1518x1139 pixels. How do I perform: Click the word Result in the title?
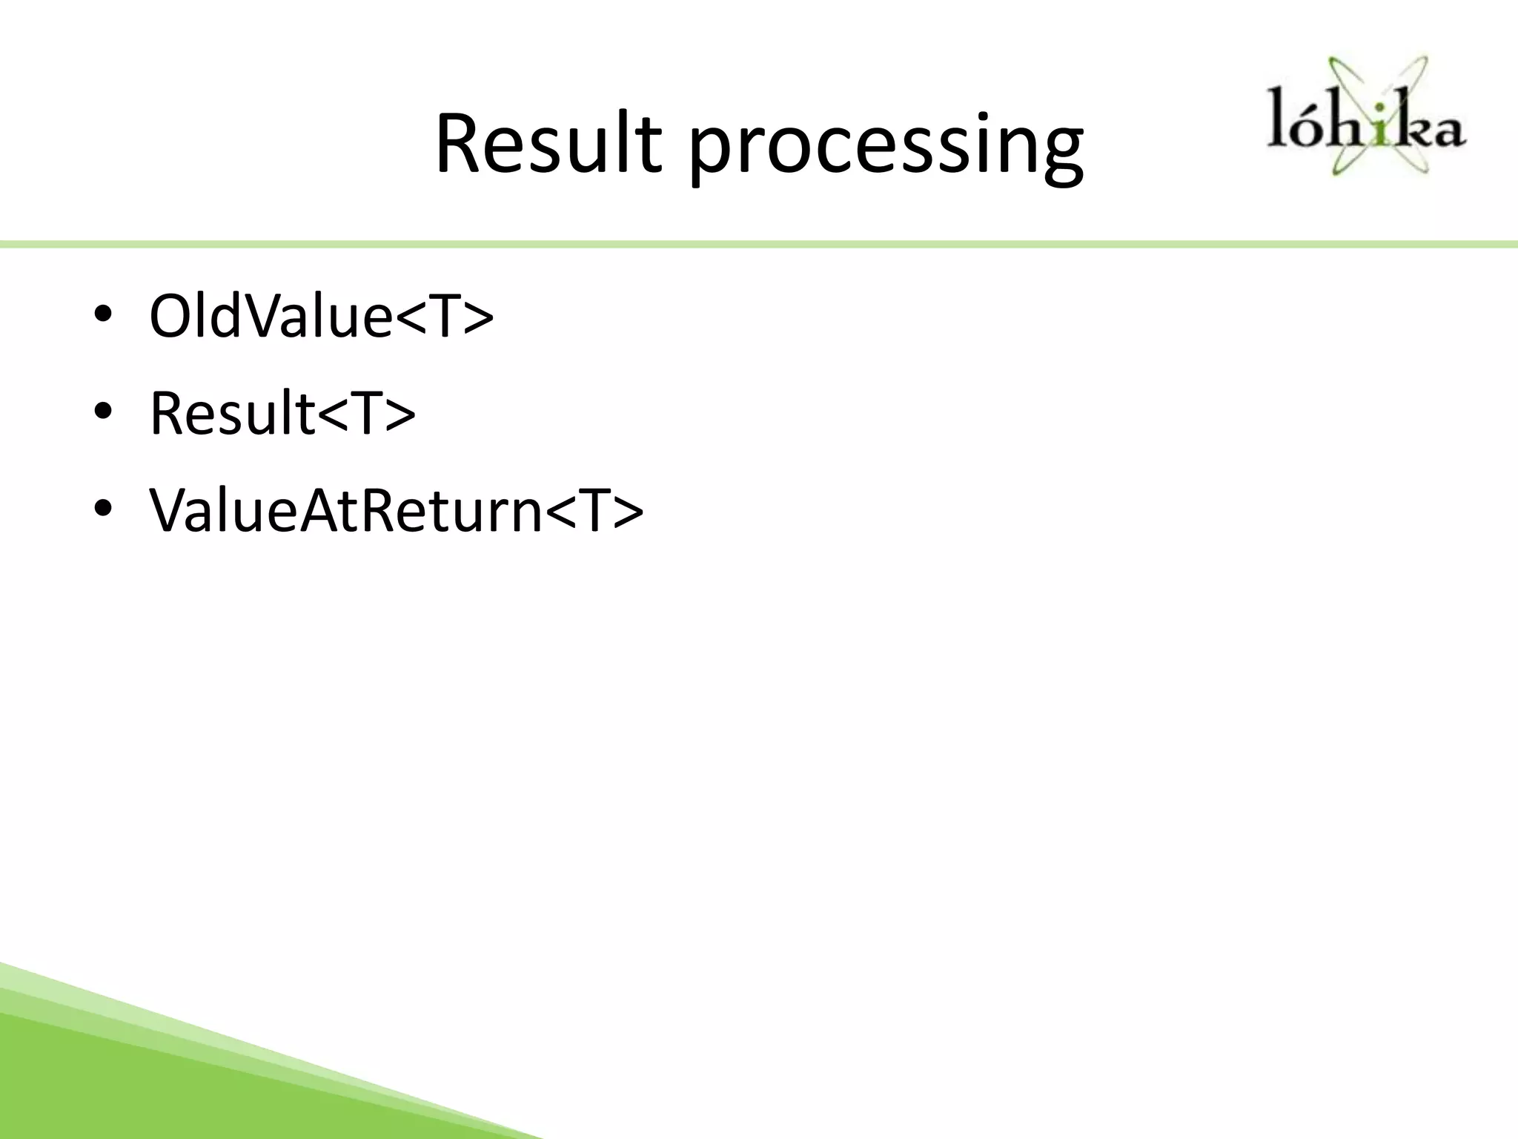click(x=547, y=145)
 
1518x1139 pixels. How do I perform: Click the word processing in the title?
click(x=886, y=148)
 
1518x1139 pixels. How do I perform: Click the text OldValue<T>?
click(x=320, y=317)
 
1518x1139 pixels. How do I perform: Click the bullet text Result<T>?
click(x=282, y=414)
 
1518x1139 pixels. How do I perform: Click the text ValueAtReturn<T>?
click(x=396, y=512)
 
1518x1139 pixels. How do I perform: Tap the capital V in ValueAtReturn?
click(x=172, y=512)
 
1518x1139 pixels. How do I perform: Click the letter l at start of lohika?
click(x=1276, y=119)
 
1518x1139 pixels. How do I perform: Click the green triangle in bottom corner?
click(x=148, y=1083)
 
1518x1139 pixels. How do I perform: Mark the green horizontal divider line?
click(x=759, y=245)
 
